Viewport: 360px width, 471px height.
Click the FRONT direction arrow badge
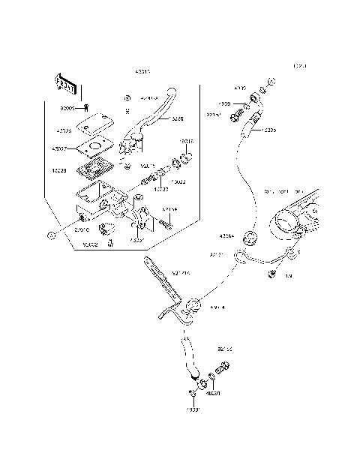[x=67, y=85]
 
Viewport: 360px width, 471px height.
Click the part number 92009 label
[x=67, y=108]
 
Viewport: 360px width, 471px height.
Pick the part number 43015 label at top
[x=142, y=72]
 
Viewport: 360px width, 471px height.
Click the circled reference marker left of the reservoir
[x=50, y=235]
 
